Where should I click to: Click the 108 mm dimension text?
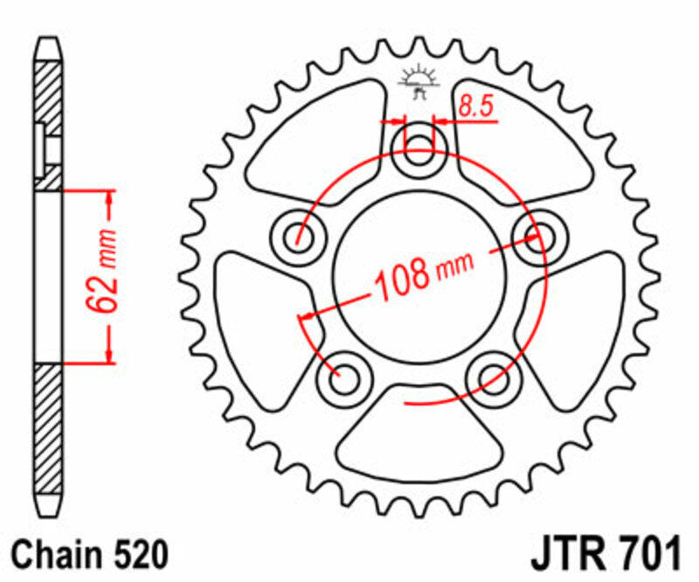(423, 274)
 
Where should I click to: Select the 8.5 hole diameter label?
(476, 107)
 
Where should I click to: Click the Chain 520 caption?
(90, 553)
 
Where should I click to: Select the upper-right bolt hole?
(536, 232)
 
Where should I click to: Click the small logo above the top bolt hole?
(417, 81)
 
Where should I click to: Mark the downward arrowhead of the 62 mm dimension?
(110, 354)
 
